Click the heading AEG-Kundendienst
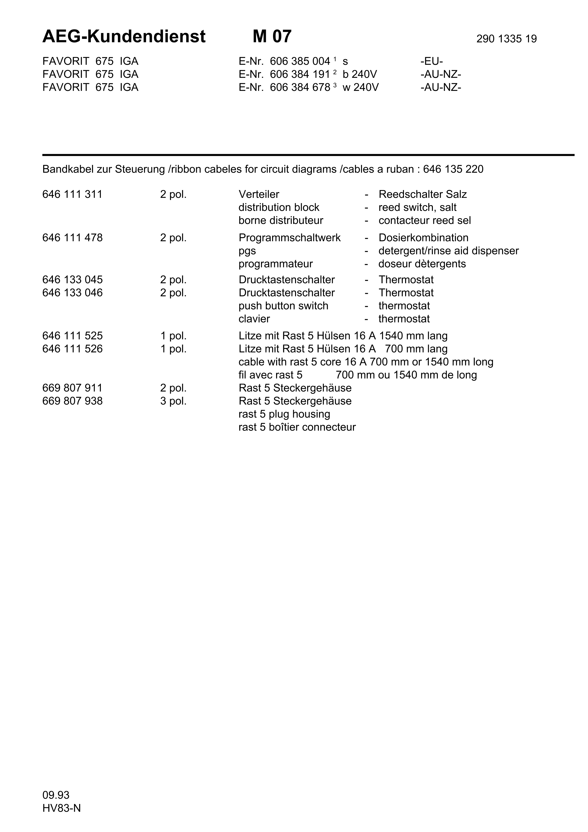coord(124,37)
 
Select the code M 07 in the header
coord(272,37)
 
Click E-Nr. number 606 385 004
coord(300,61)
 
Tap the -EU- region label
coord(431,61)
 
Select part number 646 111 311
coord(72,194)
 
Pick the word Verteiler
coord(259,194)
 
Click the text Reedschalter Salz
coord(422,194)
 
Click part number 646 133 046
coord(72,293)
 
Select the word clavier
coord(254,319)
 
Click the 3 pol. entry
coord(173,401)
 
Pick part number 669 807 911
coord(72,388)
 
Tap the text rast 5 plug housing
coord(284,414)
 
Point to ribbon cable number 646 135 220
coord(453,169)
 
